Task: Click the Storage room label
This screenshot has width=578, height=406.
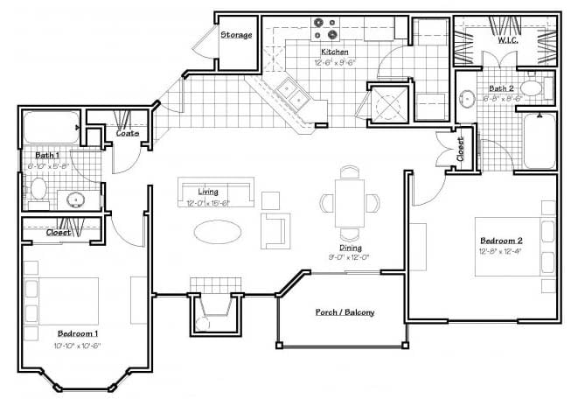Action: coord(236,35)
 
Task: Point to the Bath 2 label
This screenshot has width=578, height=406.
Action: coord(502,89)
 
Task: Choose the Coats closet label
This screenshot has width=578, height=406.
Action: coord(128,133)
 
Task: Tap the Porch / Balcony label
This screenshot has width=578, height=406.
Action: coord(345,312)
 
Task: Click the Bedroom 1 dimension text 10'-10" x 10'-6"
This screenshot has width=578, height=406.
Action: coord(78,345)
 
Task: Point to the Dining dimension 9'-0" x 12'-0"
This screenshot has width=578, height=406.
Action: coord(350,257)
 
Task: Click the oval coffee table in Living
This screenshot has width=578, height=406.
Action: coord(218,230)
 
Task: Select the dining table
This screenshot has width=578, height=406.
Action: coord(351,201)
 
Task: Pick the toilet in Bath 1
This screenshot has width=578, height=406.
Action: coord(38,187)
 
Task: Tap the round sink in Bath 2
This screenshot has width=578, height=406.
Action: coord(469,97)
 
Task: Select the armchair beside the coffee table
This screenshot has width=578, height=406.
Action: coord(275,228)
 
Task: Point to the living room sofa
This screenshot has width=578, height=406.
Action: coord(215,192)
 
